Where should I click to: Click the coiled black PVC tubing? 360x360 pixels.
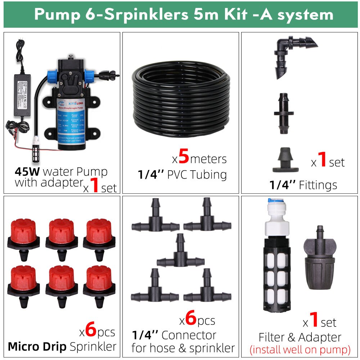[x=180, y=95]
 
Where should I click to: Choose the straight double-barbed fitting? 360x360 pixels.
[x=283, y=114]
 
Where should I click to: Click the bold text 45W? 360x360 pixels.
[x=27, y=171]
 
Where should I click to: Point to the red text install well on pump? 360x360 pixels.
[x=300, y=349]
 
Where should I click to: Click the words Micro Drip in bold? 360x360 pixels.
[x=37, y=347]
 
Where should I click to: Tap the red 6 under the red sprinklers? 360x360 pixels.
[x=91, y=330]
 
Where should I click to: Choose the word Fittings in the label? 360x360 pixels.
[x=317, y=185]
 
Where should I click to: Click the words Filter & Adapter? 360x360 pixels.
[x=300, y=337]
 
